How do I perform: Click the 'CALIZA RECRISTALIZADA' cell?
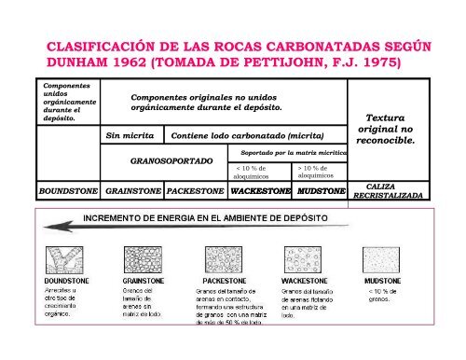[392, 191]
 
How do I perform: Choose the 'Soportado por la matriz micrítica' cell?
[290, 151]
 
